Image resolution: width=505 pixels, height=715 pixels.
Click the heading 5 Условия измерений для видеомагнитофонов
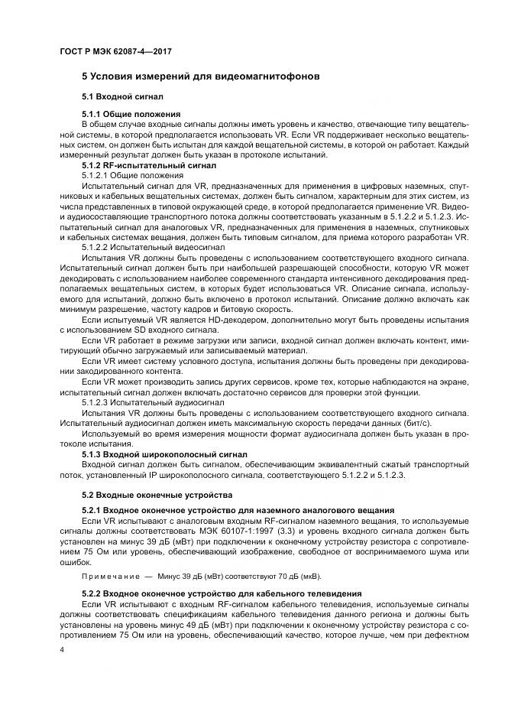click(201, 78)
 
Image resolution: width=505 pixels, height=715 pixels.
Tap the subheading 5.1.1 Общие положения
click(131, 114)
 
